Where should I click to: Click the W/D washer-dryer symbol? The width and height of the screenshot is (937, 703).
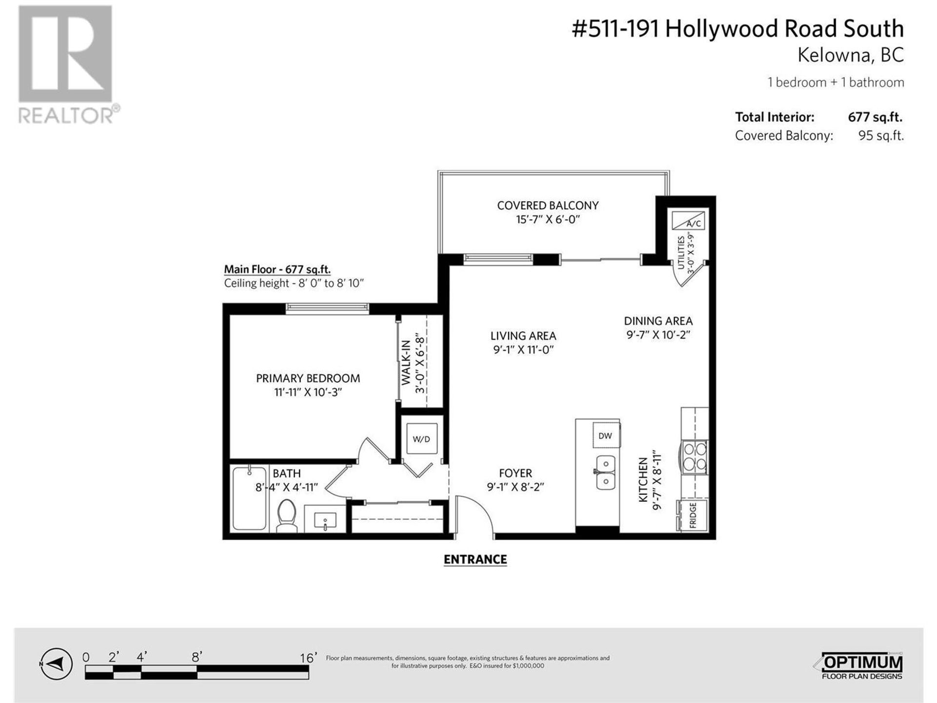(421, 439)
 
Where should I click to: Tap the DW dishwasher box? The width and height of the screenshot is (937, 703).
(605, 435)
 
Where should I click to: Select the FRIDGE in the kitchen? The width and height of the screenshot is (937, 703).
(692, 515)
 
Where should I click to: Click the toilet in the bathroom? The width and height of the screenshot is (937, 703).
(286, 515)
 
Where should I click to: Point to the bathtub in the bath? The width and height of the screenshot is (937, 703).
(249, 498)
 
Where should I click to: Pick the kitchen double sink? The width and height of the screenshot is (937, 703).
(606, 472)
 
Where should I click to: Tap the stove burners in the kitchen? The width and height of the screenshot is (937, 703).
(694, 456)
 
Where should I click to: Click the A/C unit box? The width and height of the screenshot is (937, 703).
(688, 221)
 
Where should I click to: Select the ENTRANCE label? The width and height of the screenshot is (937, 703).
(475, 559)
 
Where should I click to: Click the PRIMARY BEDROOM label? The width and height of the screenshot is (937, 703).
(308, 378)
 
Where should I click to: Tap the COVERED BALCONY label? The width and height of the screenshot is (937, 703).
(548, 206)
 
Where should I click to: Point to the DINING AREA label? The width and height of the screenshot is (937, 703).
(658, 321)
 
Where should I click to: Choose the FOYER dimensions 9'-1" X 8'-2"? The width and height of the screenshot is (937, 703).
(515, 487)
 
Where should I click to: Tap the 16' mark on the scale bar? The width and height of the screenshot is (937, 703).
(308, 658)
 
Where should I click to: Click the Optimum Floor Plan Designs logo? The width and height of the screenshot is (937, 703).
(859, 666)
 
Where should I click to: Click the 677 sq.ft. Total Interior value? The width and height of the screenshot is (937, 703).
(875, 117)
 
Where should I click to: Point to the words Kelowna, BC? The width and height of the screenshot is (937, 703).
(851, 55)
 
